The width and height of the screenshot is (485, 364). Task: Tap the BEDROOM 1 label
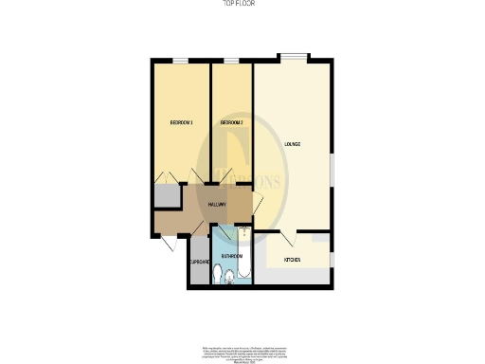click(181, 123)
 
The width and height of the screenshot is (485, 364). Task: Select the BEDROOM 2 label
click(232, 123)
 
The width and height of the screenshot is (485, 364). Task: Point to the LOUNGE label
click(293, 144)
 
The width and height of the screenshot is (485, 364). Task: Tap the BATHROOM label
click(232, 257)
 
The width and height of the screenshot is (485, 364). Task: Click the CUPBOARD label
click(199, 262)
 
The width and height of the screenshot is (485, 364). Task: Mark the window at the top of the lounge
click(293, 56)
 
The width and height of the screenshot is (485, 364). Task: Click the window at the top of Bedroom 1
click(179, 62)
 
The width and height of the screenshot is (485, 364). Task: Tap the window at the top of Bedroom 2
click(232, 62)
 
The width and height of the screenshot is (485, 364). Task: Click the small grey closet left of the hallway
click(166, 196)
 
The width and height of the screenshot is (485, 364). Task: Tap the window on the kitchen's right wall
click(332, 259)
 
